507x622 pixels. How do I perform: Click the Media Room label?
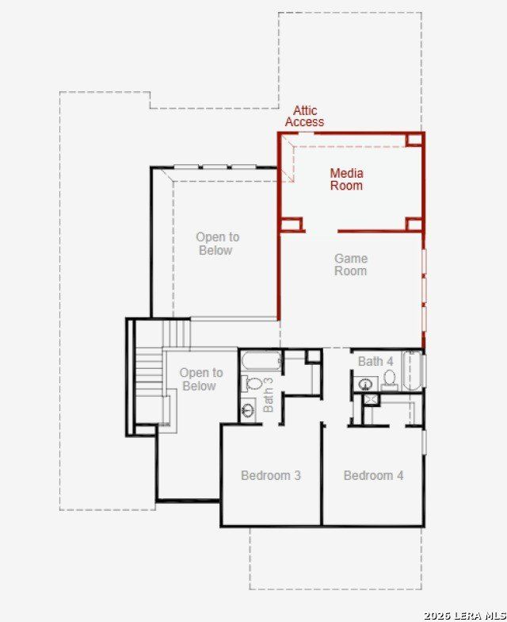347,179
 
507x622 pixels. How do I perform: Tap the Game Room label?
351,265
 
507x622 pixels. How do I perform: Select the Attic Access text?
304,116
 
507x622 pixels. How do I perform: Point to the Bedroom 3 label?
271,475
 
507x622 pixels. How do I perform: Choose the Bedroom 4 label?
374,475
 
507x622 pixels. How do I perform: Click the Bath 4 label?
375,362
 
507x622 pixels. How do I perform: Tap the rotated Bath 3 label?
268,395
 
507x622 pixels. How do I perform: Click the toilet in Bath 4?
390,379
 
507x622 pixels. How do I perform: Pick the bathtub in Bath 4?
414,371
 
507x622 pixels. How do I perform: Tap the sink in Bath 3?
249,411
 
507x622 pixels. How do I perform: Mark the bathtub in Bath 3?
261,360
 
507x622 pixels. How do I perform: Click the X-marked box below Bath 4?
371,399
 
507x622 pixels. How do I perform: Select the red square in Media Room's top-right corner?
415,140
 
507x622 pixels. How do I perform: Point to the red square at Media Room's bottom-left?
292,224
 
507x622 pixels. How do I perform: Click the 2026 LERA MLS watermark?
465,616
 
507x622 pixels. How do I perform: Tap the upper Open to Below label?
217,244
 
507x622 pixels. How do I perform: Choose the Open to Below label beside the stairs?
201,379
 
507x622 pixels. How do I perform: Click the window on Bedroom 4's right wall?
425,443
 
